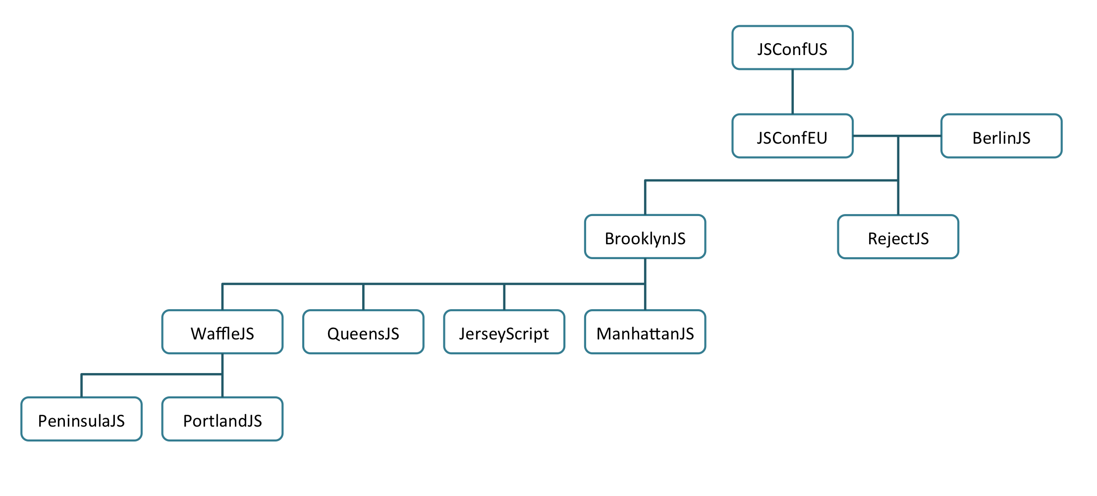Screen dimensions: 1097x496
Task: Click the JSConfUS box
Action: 792,48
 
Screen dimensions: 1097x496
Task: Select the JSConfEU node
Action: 792,136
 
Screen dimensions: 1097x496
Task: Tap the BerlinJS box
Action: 1001,136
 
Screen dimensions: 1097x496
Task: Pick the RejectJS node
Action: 898,237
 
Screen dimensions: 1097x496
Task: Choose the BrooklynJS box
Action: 645,237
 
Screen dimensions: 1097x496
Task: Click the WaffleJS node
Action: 222,332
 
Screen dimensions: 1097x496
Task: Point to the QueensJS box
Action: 363,332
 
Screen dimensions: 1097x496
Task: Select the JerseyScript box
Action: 504,332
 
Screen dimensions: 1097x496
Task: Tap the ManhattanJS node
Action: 645,332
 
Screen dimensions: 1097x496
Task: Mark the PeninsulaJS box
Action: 82,419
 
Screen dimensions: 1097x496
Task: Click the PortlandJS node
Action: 222,419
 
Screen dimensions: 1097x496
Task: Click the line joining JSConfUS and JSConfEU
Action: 792,92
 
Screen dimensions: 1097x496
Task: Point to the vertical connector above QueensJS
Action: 363,297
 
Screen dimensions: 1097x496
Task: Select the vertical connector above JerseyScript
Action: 504,297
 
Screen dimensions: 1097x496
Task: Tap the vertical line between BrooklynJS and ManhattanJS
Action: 645,284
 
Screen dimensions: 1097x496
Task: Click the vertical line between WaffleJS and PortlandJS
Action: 222,376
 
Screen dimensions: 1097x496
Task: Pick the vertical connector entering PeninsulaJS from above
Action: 82,386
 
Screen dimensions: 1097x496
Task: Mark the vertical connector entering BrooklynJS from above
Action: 645,198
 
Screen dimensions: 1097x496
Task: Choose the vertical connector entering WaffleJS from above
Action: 222,297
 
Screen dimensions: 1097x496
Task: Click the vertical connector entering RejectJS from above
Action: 898,175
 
